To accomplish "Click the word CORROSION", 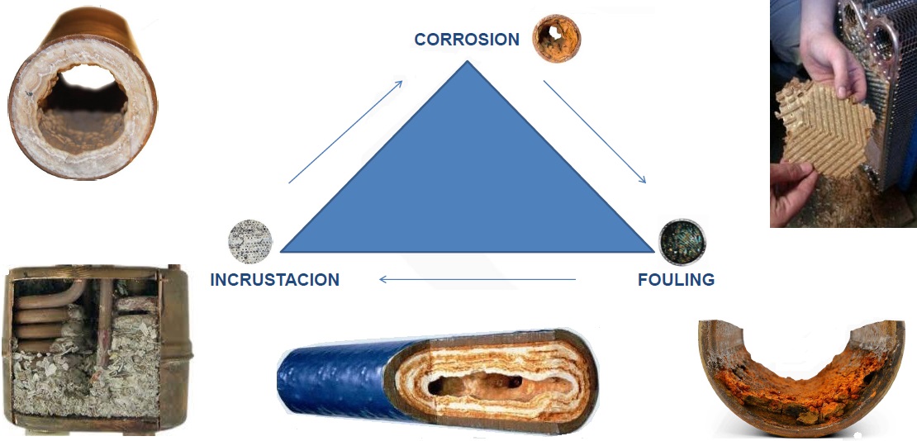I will click(x=467, y=40).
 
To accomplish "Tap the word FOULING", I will click(x=676, y=280).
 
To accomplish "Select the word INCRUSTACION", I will click(x=275, y=280).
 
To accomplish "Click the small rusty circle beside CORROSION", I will click(x=556, y=38).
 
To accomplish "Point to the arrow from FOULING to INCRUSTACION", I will click(x=478, y=280).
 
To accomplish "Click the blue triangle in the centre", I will click(x=468, y=182).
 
